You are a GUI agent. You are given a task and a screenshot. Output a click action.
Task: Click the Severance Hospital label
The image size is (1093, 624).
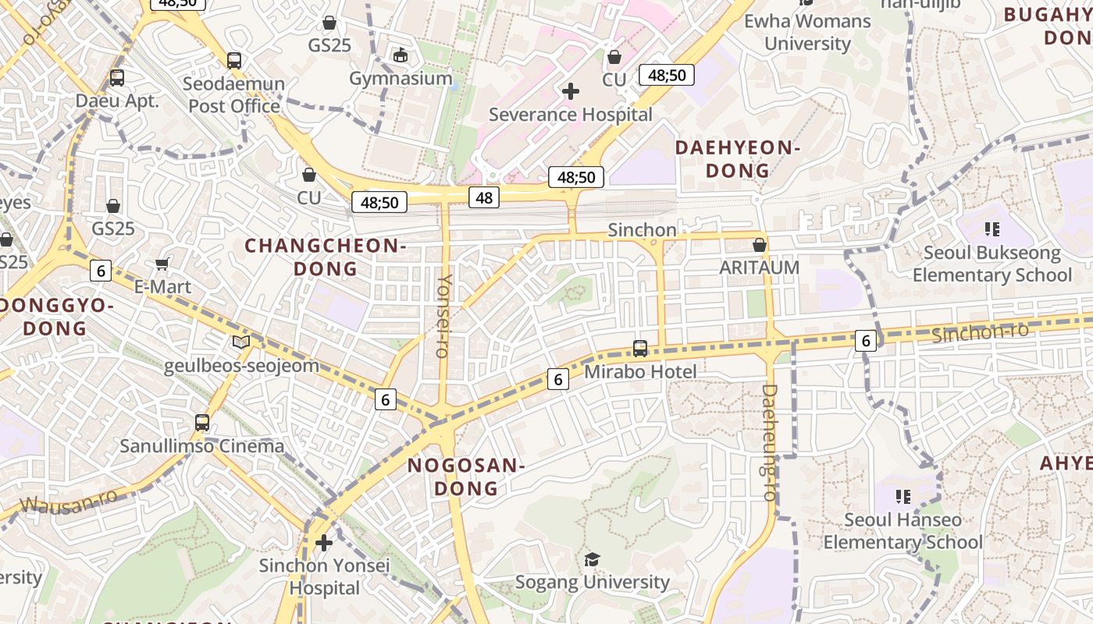tap(570, 115)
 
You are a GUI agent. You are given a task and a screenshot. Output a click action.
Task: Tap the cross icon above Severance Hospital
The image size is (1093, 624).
tap(571, 91)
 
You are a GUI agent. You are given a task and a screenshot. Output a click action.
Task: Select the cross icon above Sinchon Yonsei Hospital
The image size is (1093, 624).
tap(324, 542)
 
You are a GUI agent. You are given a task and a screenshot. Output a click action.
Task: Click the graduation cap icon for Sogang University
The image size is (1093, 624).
tap(593, 559)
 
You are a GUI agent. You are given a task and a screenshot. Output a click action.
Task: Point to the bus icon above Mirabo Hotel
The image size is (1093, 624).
tap(640, 349)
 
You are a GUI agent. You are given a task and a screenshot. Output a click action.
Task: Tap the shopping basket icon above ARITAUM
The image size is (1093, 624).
tap(759, 245)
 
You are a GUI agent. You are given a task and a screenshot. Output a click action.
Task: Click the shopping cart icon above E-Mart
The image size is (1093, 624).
tap(162, 264)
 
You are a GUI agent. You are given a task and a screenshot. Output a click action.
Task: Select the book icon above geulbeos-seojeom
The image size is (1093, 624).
tap(241, 342)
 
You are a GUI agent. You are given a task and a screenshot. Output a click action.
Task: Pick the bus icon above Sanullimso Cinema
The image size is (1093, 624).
tap(202, 423)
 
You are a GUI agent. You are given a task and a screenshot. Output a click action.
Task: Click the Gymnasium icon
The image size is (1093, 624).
tap(401, 55)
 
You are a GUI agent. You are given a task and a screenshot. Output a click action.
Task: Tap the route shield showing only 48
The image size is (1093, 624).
tap(484, 197)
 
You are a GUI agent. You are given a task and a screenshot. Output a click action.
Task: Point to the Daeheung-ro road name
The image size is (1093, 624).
tap(770, 441)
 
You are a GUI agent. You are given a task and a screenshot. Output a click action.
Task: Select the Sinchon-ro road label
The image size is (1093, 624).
tap(980, 332)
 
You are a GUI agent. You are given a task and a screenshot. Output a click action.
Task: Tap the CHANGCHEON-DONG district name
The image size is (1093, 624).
tap(325, 257)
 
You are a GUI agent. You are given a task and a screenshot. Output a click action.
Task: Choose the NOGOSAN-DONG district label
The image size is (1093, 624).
tap(466, 477)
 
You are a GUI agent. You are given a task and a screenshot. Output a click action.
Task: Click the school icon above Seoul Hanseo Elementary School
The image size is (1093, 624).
tap(903, 496)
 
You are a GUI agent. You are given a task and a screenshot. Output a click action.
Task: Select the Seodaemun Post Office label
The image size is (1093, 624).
tap(234, 94)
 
